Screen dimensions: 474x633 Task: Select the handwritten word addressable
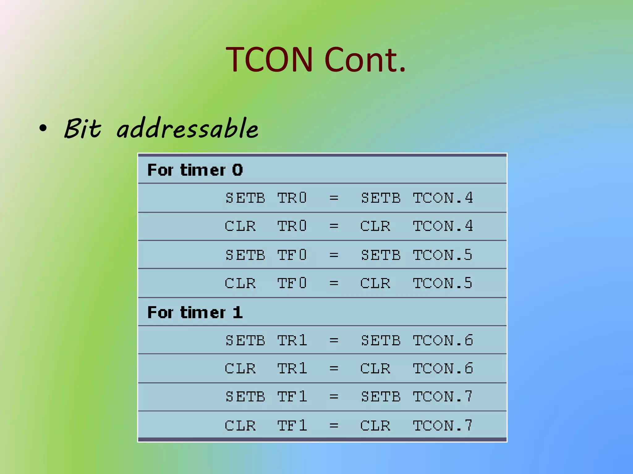187,128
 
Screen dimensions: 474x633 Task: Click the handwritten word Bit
82,128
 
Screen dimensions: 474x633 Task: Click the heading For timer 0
195,170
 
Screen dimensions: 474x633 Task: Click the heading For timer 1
195,312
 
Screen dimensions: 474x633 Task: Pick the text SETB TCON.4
417,198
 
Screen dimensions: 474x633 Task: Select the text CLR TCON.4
417,226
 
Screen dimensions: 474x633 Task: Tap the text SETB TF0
266,255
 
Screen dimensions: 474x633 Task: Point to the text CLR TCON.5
417,283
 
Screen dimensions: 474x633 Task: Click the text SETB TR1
266,340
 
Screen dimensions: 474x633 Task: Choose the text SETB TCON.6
417,340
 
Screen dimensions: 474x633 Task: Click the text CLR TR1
266,368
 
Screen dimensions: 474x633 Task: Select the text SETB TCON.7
417,397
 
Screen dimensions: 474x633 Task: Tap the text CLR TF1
266,426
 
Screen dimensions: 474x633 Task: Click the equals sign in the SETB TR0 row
334,198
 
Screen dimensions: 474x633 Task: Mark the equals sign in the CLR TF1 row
334,426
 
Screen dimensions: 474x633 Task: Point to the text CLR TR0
266,226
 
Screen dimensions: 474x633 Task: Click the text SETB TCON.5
417,255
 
